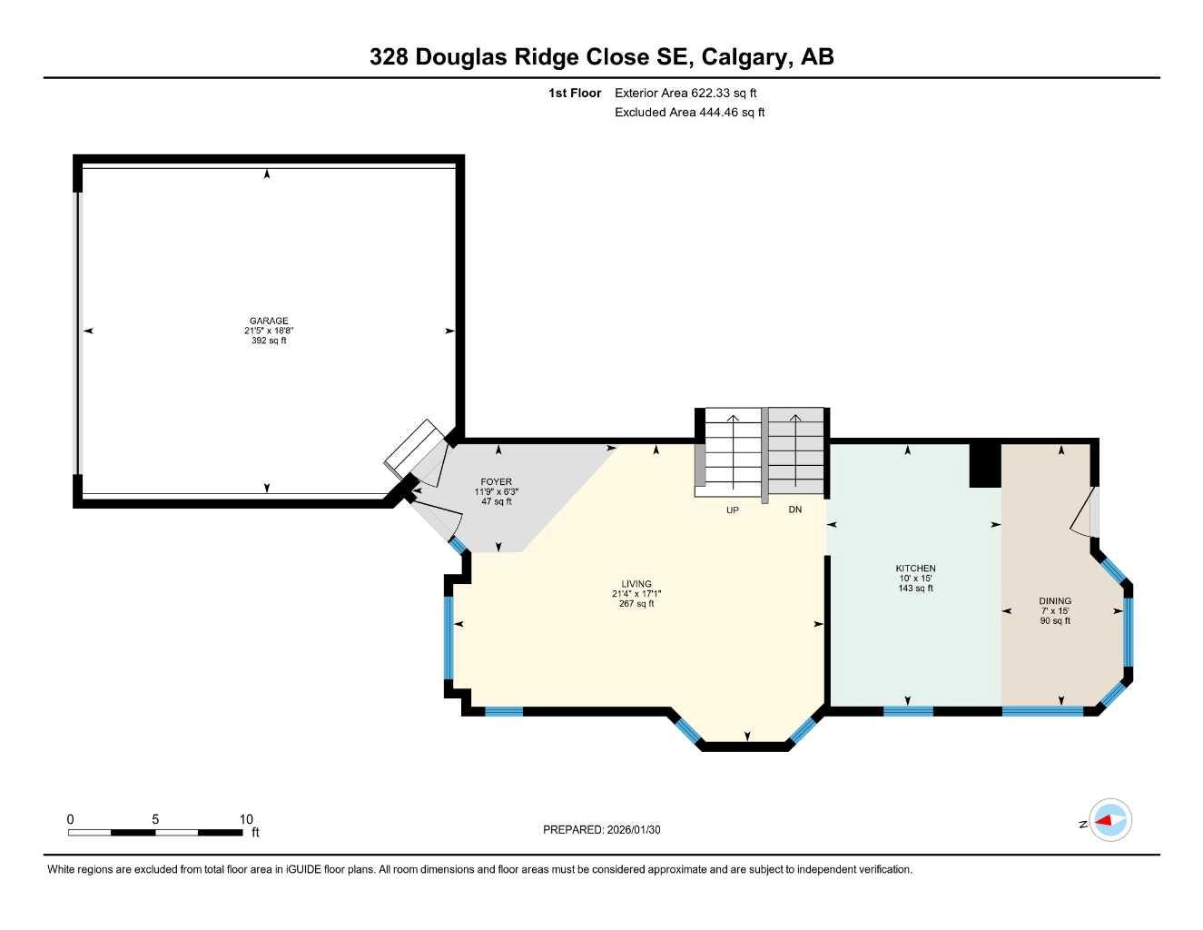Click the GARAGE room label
point(269,321)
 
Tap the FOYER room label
point(496,482)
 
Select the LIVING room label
point(636,584)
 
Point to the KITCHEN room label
point(915,569)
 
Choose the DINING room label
point(1055,601)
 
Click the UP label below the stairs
point(732,510)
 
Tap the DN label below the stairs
point(794,510)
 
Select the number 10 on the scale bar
point(246,819)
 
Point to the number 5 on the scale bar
point(155,819)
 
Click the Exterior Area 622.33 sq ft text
point(685,93)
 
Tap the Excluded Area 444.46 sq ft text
point(689,113)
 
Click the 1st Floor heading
point(575,93)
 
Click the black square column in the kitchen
point(985,465)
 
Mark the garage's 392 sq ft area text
point(269,341)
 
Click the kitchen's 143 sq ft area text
point(915,589)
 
